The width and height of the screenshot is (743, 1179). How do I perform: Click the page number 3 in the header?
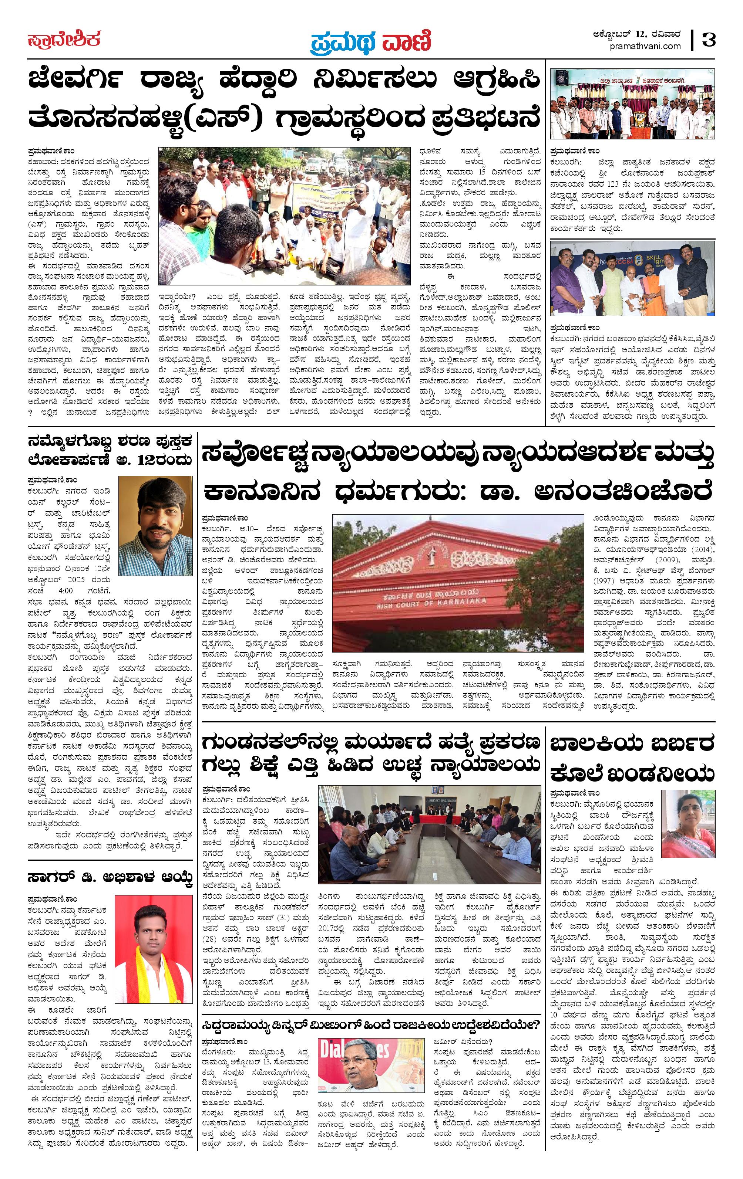click(x=708, y=39)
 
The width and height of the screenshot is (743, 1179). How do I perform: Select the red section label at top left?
click(x=64, y=39)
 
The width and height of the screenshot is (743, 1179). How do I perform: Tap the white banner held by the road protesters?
click(x=323, y=196)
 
